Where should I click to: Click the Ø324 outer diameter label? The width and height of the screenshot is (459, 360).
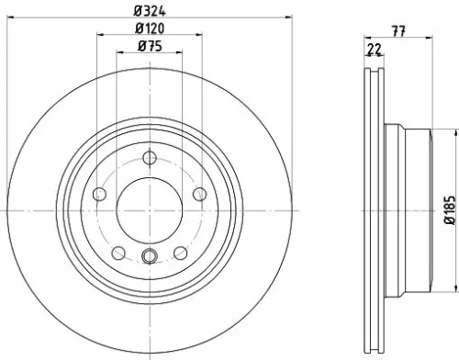pos(149,10)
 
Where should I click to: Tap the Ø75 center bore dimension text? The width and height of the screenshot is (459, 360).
pos(149,47)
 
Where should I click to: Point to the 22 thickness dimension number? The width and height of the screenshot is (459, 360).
pos(373,49)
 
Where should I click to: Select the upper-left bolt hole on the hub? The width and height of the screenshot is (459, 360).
pos(100,194)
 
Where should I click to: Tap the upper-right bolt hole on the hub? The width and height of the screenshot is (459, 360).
pos(197,194)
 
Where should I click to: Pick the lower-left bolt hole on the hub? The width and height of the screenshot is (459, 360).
pos(118,253)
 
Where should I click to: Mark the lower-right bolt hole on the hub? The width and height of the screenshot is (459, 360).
pos(179,253)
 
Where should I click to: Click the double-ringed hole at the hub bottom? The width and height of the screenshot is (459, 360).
pos(149,257)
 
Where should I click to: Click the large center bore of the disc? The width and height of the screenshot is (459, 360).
pos(149,210)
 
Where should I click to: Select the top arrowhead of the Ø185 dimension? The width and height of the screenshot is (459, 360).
pos(439,131)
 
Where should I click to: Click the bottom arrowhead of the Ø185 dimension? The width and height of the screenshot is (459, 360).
pos(439,289)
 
